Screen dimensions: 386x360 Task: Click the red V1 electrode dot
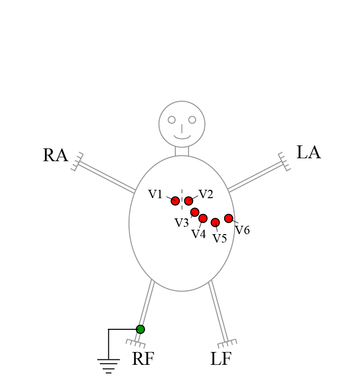click(175, 201)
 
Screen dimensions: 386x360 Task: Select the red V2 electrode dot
click(189, 201)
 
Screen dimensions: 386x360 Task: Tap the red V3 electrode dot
click(195, 212)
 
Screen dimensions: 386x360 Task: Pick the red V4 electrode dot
click(203, 218)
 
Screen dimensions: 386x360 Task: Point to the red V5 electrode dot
click(215, 222)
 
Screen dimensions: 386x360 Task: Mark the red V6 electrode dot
click(229, 218)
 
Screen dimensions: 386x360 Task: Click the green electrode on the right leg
click(140, 329)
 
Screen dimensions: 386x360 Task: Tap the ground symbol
click(108, 365)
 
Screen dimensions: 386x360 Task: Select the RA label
click(55, 155)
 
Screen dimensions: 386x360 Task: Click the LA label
click(309, 153)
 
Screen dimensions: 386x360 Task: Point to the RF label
click(143, 359)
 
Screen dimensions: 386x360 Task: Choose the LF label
click(221, 359)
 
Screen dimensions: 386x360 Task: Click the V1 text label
click(155, 194)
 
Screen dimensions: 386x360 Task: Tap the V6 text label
click(242, 230)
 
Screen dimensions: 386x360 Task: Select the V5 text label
click(220, 239)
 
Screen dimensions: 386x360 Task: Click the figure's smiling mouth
click(182, 137)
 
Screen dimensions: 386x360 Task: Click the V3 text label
click(182, 223)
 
